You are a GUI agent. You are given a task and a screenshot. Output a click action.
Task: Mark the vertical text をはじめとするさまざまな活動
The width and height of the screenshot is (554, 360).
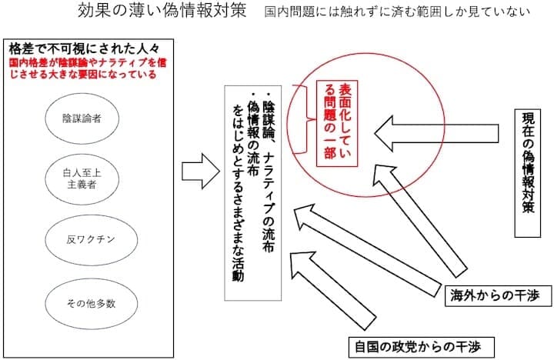point(238,192)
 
